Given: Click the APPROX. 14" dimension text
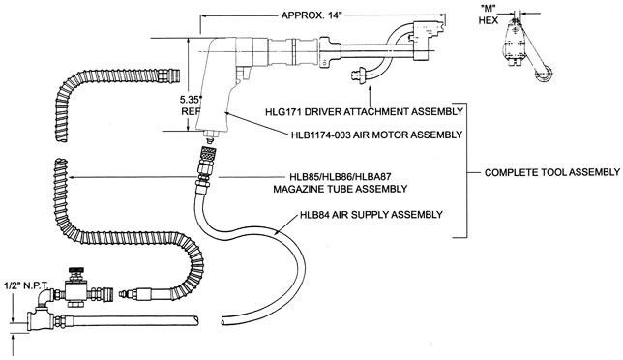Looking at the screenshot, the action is coord(311,15).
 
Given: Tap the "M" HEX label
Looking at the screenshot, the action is coord(489,15).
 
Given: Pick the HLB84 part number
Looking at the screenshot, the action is coord(314,215).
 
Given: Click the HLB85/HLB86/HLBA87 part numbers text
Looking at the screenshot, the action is coord(341,177).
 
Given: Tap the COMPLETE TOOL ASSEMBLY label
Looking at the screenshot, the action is coord(551,172).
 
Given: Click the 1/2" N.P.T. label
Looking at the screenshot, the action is coord(26,285).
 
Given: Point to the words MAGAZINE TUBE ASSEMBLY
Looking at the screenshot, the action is coord(341,189).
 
